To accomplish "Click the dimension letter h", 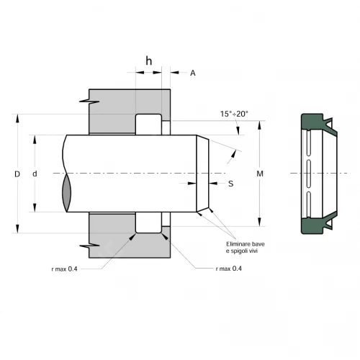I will click(x=149, y=61).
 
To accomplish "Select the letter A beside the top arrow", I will click(x=192, y=73).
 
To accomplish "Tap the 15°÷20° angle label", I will click(x=234, y=114).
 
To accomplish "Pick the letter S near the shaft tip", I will click(x=230, y=184).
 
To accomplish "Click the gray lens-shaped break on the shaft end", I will click(x=67, y=193).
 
